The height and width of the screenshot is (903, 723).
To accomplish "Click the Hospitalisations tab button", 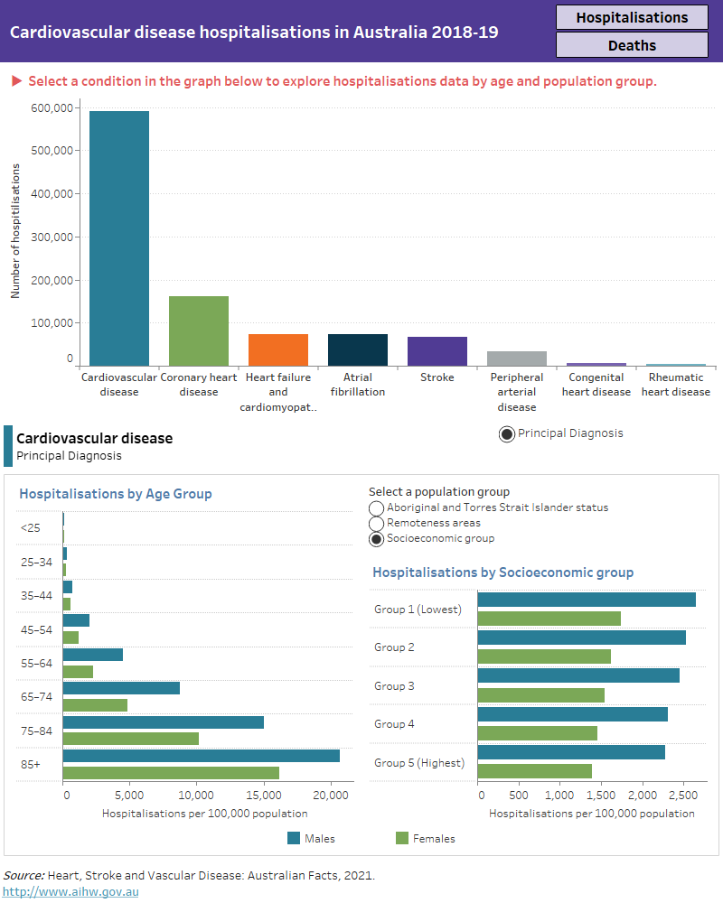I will click(632, 17).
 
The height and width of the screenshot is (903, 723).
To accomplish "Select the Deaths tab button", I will click(632, 45).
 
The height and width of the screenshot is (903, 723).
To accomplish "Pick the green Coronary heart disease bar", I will click(199, 330).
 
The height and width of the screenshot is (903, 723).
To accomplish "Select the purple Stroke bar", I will click(437, 350).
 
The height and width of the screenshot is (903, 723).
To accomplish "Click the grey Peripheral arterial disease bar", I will click(517, 358).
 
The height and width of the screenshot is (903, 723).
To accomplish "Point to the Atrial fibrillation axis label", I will click(358, 385).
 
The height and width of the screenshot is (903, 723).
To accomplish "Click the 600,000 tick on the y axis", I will click(52, 108).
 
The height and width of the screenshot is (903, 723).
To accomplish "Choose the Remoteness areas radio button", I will click(377, 524).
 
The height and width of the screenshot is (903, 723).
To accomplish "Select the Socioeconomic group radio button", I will click(377, 539).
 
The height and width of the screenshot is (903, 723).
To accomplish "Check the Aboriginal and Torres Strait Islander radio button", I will click(377, 508).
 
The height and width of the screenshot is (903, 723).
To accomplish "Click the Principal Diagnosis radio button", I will click(507, 434).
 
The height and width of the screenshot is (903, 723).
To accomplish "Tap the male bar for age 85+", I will click(201, 756).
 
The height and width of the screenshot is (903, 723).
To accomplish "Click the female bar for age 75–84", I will click(130, 739).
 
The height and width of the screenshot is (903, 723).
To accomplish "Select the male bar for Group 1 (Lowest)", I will click(586, 600).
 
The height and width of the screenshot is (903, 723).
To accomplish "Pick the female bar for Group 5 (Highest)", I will click(534, 771).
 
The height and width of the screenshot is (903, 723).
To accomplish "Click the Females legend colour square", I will click(402, 838).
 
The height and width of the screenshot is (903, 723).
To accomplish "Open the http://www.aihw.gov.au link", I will click(71, 891).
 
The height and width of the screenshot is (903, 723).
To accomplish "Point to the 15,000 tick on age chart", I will click(263, 796).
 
